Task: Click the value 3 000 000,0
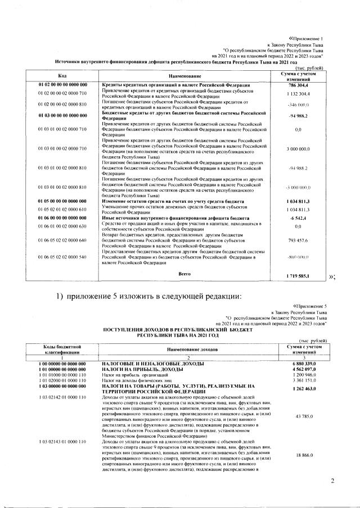pyautogui.click(x=299, y=149)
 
